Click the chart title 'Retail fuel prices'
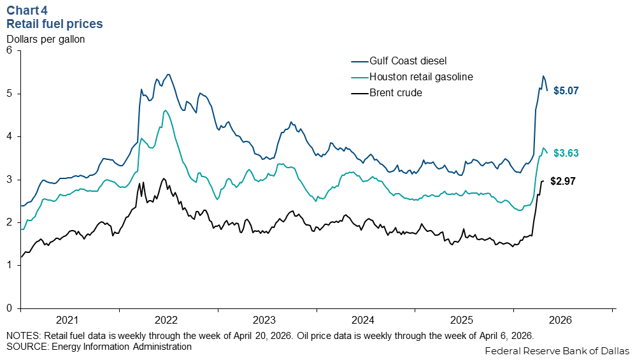(54, 24)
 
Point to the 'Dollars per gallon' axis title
(45, 38)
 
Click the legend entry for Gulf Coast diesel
(408, 61)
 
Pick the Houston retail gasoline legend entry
(421, 77)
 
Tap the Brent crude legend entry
(396, 93)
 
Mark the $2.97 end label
(563, 182)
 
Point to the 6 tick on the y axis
(10, 51)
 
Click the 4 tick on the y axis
(10, 137)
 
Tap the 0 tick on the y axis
(10, 308)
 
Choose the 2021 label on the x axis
(68, 320)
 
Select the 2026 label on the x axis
(562, 320)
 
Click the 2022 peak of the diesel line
(168, 74)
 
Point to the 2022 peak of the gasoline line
(165, 111)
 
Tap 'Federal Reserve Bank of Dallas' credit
(557, 351)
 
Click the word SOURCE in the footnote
(24, 347)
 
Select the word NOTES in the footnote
(21, 336)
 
